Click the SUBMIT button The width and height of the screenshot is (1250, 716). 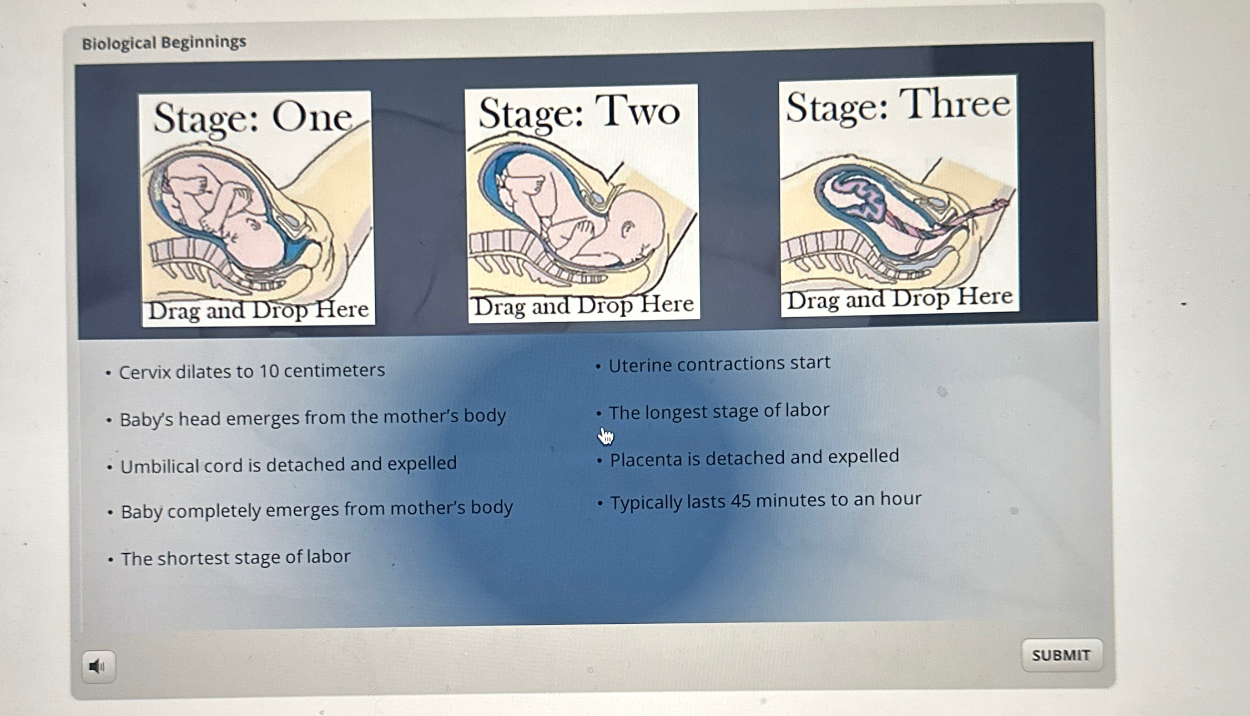point(1061,655)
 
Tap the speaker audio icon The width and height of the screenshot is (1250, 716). point(99,666)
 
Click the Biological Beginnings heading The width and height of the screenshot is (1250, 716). point(164,42)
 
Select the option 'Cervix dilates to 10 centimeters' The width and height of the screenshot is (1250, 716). point(251,371)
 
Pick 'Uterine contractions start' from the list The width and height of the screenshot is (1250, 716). point(719,364)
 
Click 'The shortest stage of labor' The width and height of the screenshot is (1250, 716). point(235,558)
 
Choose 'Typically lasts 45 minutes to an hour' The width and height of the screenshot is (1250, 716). point(766,500)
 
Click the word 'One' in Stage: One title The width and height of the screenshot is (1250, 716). point(312,117)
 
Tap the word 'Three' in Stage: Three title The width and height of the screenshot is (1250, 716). point(954,104)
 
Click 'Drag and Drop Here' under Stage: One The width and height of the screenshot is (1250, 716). point(259,310)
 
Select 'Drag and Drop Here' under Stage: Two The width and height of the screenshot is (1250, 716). point(583,305)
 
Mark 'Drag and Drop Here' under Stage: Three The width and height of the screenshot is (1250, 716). point(900,299)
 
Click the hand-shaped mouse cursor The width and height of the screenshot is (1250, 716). point(606,437)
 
